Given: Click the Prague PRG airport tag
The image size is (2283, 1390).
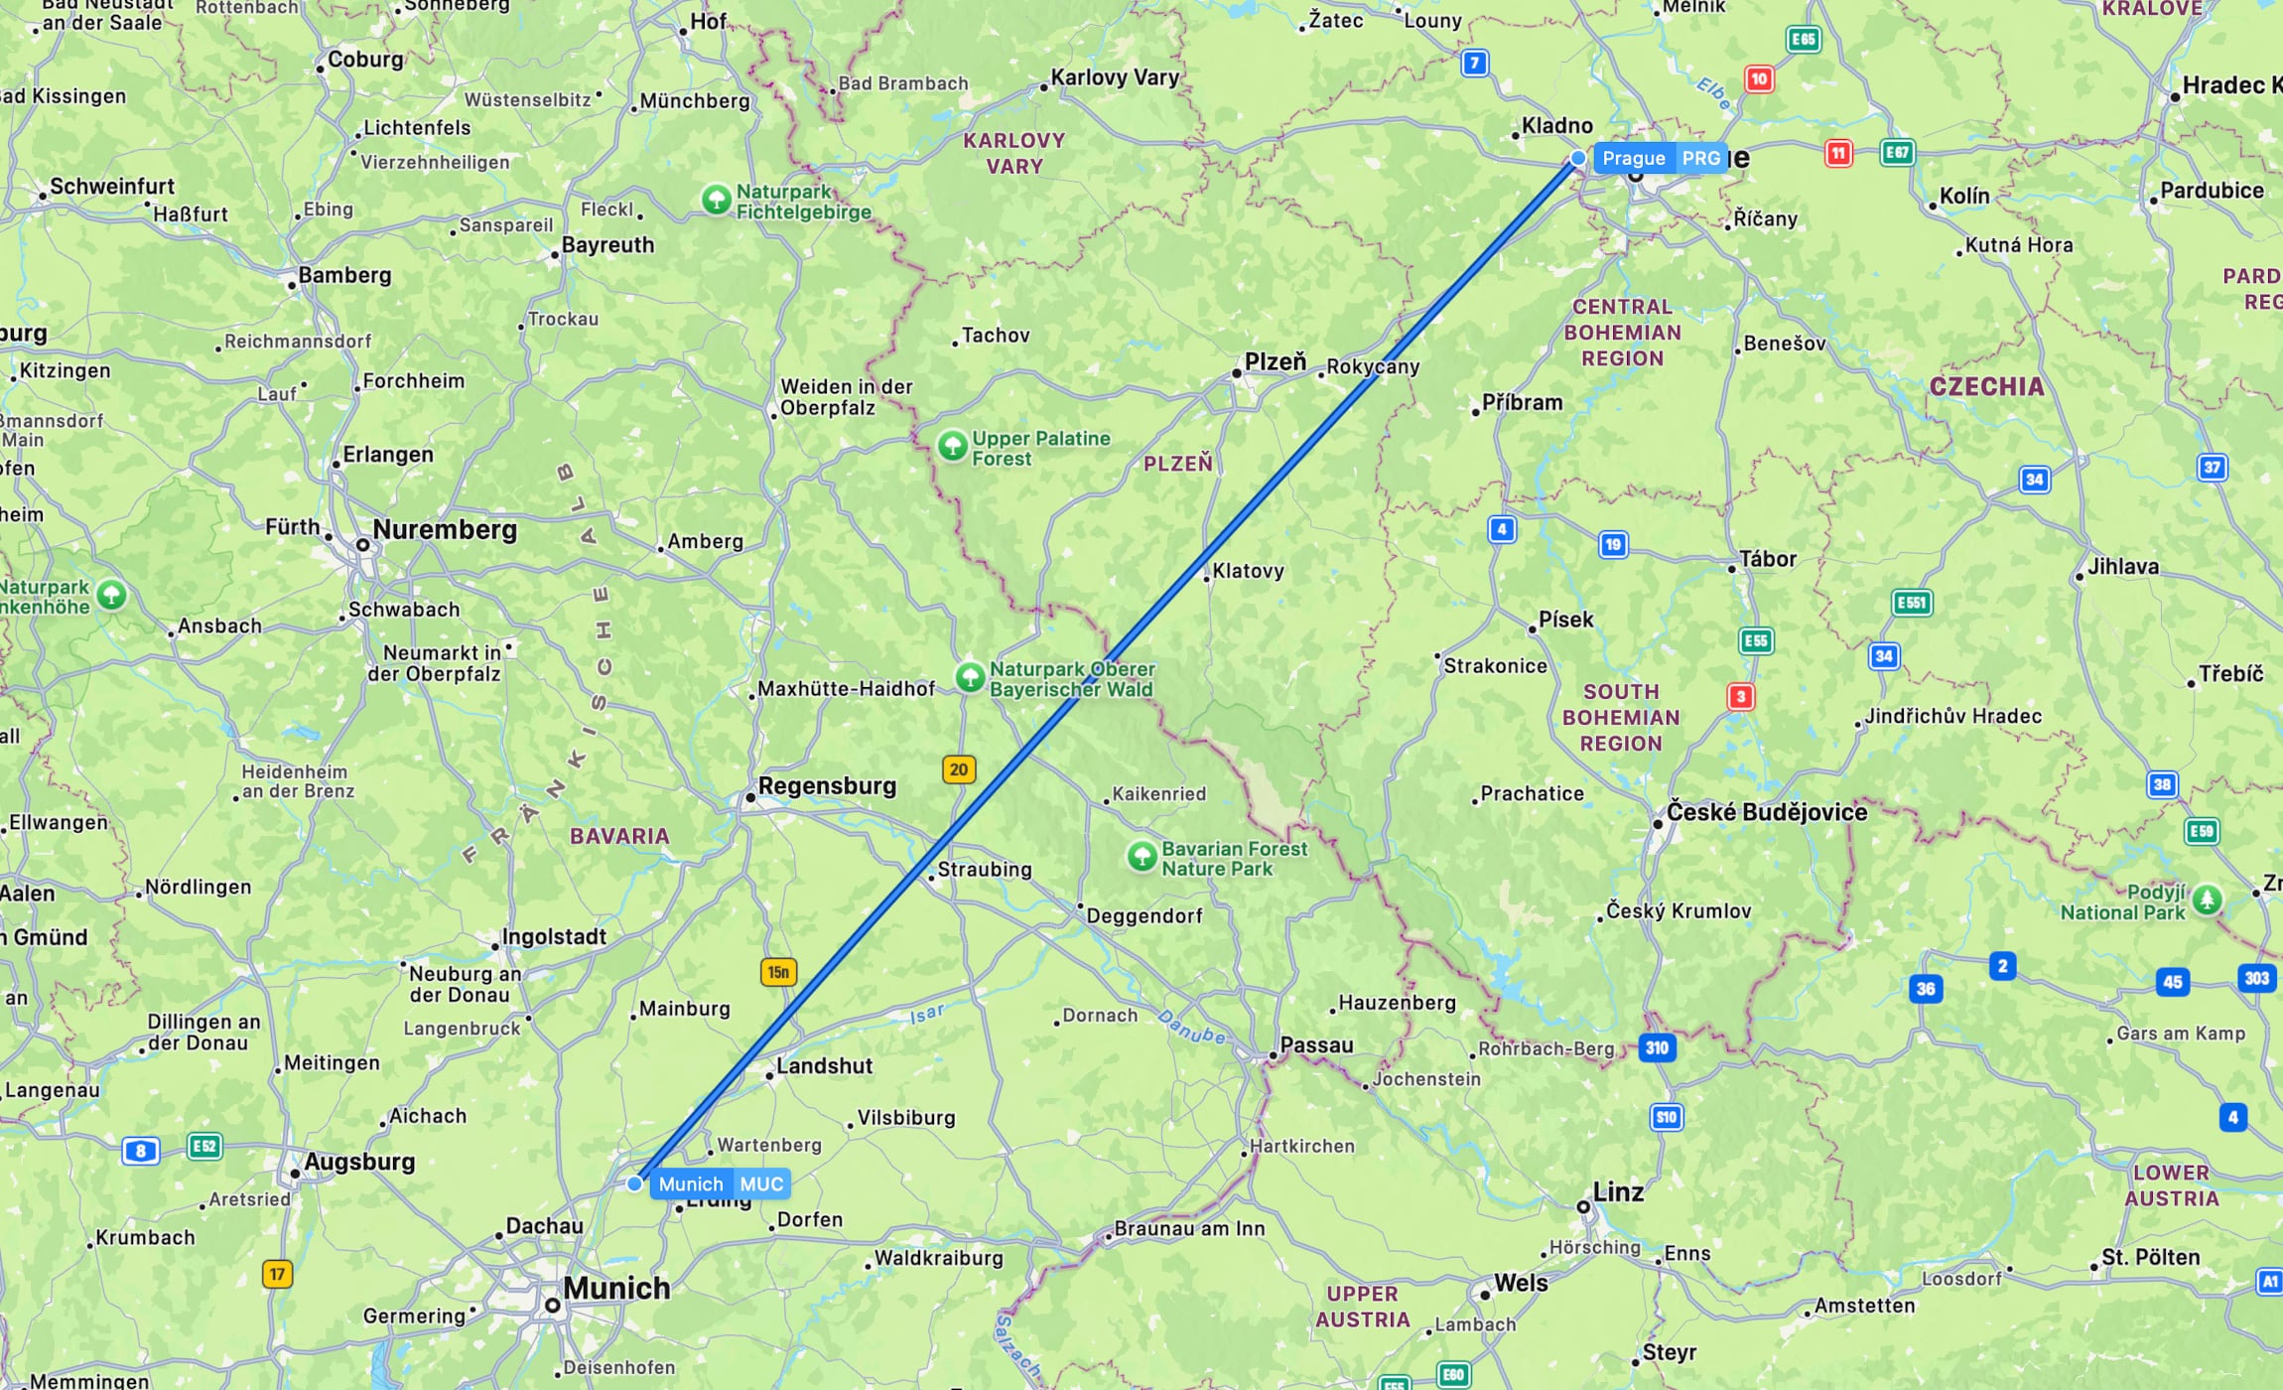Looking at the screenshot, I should (1660, 158).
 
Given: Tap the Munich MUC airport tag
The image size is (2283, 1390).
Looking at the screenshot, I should (720, 1183).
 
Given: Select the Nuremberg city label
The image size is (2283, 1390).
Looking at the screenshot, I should (445, 530).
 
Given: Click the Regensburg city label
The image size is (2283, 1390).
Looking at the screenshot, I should (827, 786).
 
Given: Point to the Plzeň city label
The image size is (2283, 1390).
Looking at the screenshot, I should (1276, 362).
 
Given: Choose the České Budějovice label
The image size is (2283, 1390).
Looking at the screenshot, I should (1766, 812).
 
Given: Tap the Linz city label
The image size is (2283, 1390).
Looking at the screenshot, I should (1618, 1192).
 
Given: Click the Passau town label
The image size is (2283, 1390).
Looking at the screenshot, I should (1316, 1044).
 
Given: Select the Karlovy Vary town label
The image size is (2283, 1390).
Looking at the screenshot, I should (1115, 77).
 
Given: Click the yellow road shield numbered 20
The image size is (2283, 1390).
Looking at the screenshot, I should (958, 769).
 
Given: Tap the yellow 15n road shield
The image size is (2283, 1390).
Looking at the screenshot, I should (778, 972).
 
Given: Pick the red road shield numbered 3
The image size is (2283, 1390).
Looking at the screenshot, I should (1740, 697).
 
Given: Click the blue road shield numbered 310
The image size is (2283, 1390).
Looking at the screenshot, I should (1657, 1047).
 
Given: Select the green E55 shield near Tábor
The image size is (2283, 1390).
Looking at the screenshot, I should (1756, 641).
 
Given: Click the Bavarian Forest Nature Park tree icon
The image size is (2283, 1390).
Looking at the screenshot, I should (1141, 856).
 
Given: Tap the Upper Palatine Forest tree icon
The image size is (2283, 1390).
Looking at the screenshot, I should (953, 446).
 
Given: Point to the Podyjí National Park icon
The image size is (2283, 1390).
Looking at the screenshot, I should (2207, 901).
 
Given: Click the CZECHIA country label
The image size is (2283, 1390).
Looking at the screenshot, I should (1986, 387).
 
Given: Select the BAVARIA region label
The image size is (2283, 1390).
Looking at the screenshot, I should (619, 836).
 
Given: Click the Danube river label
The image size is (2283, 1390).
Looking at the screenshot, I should (1191, 1027).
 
